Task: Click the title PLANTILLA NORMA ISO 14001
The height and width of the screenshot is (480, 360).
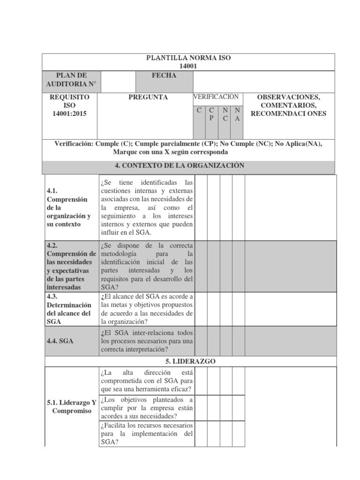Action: point(188,62)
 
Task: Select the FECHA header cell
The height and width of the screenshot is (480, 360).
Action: point(164,76)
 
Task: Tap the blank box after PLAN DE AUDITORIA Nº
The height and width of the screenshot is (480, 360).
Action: point(116,82)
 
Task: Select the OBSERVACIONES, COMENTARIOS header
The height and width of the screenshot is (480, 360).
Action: point(289,105)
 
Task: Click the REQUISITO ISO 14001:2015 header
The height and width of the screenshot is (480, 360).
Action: point(69,105)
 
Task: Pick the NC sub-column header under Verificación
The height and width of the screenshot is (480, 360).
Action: point(225,114)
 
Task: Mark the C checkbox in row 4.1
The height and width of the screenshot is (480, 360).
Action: point(201,207)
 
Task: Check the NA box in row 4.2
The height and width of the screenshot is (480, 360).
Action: point(238,266)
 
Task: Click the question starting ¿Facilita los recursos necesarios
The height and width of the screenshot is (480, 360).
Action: point(146,434)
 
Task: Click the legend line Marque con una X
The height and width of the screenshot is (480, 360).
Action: point(170,152)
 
